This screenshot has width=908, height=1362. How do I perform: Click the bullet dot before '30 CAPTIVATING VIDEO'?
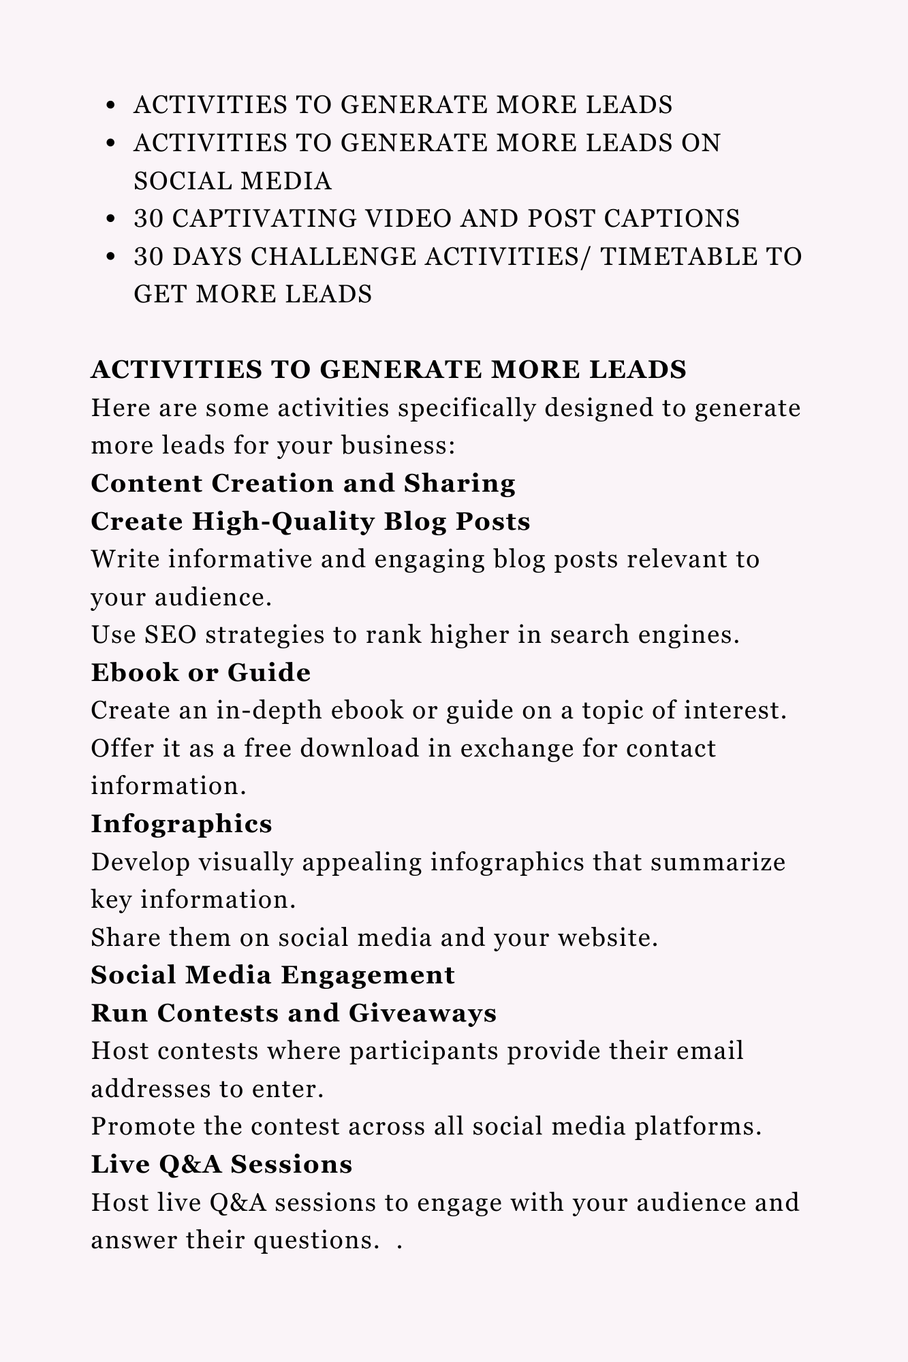[x=112, y=219]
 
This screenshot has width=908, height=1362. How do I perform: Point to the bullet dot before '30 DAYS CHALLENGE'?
[x=112, y=257]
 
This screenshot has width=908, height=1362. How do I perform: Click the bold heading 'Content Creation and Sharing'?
[x=303, y=484]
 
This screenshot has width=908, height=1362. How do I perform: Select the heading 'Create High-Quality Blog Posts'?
[x=311, y=522]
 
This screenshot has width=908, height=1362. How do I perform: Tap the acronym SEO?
[x=171, y=635]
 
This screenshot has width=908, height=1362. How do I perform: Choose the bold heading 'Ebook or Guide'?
[x=201, y=673]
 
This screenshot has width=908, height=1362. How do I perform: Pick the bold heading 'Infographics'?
[x=182, y=824]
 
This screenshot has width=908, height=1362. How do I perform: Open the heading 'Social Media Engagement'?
[x=272, y=975]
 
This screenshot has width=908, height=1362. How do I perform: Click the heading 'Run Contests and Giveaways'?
[x=294, y=1013]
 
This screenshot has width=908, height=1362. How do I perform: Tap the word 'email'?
[x=710, y=1051]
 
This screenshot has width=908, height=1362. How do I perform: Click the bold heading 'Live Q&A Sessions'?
[x=221, y=1165]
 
